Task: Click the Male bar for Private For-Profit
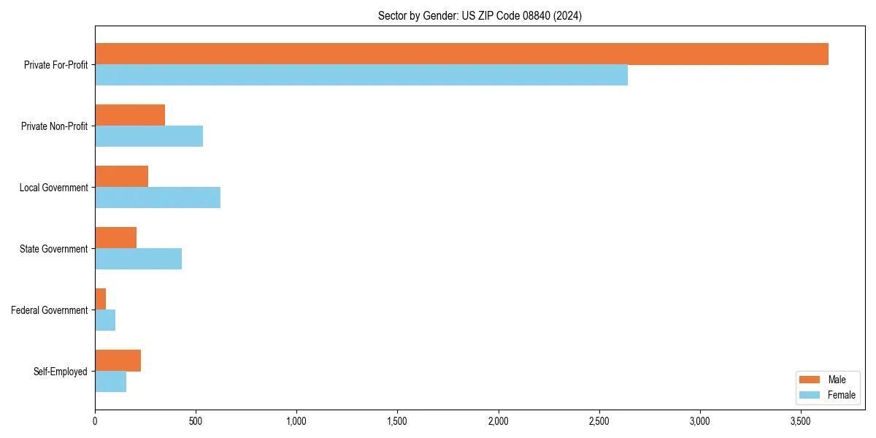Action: coord(461,54)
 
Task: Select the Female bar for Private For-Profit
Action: coord(361,75)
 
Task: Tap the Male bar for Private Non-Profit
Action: coord(130,115)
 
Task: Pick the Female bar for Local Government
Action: coord(158,198)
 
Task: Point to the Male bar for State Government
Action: coord(115,238)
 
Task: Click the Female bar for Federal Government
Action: coord(105,320)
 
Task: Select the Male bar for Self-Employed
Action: coord(118,361)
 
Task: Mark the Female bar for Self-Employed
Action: coord(110,382)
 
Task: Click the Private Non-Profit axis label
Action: coord(54,126)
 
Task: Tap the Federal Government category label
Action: coord(50,310)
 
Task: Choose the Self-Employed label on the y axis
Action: coord(61,372)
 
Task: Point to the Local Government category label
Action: coord(54,188)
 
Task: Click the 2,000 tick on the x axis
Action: coord(498,421)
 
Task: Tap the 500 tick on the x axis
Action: coord(196,421)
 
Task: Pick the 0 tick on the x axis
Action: coord(95,421)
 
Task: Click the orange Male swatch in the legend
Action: coord(810,380)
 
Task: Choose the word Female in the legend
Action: coord(841,395)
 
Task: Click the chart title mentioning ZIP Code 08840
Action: coord(480,15)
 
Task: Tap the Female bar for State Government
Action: coord(138,259)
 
